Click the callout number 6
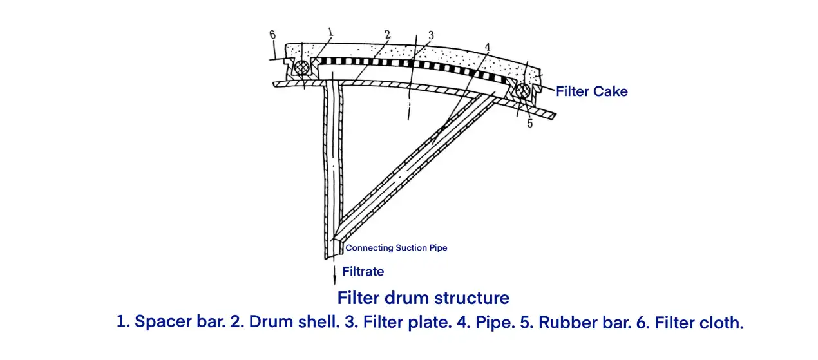click(x=272, y=35)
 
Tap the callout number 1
click(x=330, y=31)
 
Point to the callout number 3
click(x=431, y=35)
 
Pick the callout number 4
click(x=488, y=46)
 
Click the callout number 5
click(x=530, y=124)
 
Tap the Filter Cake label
click(x=591, y=91)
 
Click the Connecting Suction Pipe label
click(x=396, y=248)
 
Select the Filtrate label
click(x=363, y=272)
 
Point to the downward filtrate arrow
click(x=335, y=273)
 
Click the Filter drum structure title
click(x=423, y=298)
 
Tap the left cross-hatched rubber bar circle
click(x=301, y=67)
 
